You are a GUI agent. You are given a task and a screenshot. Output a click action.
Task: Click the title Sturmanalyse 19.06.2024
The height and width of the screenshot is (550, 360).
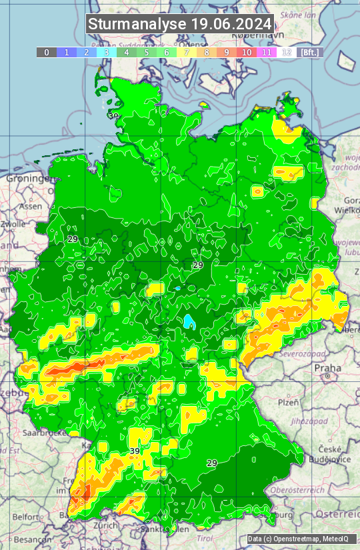coord(180,24)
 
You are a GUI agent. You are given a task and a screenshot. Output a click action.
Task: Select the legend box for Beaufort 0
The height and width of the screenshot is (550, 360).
coord(46,52)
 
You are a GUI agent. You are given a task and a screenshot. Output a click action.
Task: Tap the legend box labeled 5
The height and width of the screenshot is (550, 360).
coord(146,52)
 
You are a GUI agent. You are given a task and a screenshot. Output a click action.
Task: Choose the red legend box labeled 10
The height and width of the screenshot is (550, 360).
coord(247,52)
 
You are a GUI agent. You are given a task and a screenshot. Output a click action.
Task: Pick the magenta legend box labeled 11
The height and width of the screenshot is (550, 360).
coord(267,52)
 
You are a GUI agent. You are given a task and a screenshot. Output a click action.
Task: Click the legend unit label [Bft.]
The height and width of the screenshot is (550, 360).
coord(310,52)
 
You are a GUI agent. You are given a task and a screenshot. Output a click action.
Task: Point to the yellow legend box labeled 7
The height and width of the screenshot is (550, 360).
coord(187,52)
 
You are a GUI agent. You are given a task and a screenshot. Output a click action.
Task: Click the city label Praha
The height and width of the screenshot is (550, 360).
coord(328,367)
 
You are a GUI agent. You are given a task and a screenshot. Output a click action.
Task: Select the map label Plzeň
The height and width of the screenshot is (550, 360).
coord(288,403)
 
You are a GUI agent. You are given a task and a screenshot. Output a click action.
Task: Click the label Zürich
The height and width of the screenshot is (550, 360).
coord(105,525)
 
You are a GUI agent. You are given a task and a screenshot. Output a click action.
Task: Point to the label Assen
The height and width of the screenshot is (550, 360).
coord(30,207)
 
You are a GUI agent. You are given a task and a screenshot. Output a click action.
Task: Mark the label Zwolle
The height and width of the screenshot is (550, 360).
coord(13,224)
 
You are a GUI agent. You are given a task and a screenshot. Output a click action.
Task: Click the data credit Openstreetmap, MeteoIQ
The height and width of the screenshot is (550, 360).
coord(298,539)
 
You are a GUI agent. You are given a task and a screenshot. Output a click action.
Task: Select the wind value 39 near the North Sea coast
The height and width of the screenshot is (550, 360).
coord(113,116)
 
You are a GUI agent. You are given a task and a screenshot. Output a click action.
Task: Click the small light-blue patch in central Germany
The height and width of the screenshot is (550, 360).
coord(191,321)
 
